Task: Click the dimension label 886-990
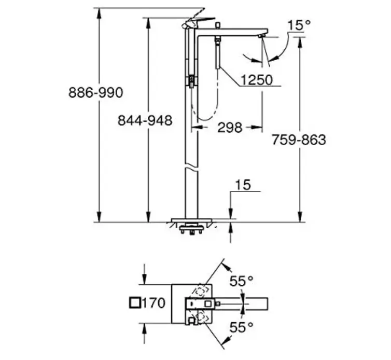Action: point(96,92)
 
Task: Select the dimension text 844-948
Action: point(145,120)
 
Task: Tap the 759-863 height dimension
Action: point(299,140)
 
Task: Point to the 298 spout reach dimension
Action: point(230,128)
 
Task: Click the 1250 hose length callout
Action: point(257,80)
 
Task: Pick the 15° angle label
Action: point(299,25)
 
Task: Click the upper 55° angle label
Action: point(241,281)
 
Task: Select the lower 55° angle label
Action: point(241,327)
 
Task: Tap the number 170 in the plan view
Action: point(153,303)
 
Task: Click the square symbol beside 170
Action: point(135,303)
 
